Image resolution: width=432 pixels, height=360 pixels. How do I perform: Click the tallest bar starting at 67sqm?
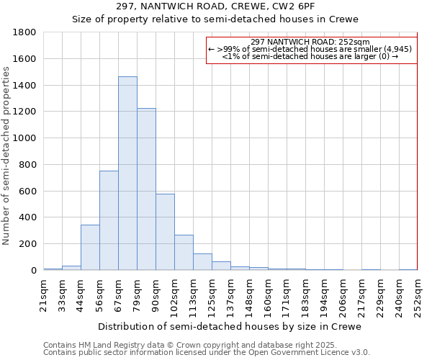coord(127,173)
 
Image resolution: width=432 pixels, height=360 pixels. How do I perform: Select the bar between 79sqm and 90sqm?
coord(146,189)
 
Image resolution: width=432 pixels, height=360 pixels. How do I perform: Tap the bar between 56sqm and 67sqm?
coord(109,220)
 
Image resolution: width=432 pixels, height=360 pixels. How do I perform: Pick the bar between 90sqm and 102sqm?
coord(165,232)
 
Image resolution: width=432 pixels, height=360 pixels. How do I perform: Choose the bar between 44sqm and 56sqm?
coord(90,247)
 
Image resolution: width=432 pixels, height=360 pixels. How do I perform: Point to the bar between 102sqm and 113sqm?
coord(184,252)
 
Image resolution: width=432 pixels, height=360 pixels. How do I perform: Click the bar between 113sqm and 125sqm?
coord(202,261)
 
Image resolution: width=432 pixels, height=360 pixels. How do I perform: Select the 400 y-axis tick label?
coord(28,217)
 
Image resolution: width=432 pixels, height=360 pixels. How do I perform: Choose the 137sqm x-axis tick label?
coord(230,294)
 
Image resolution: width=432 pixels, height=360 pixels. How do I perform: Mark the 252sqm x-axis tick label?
coord(418,294)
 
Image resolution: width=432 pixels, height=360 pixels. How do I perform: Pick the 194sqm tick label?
coord(324,294)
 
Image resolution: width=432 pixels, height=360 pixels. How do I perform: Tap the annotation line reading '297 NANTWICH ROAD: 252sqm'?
coord(310,42)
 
